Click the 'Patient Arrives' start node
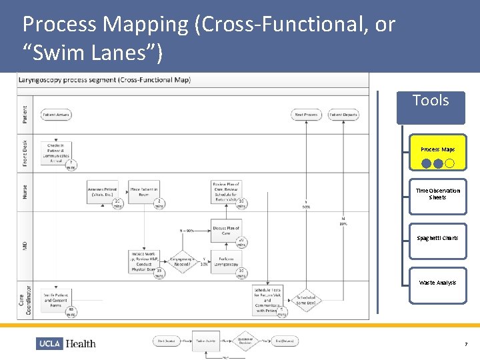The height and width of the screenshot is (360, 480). point(56,115)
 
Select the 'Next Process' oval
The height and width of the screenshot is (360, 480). point(306,115)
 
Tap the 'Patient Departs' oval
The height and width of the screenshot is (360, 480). point(343,115)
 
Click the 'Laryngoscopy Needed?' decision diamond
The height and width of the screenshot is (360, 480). point(185,261)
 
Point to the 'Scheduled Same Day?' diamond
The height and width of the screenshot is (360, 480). point(306,300)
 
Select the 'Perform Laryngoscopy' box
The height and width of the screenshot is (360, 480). point(226,261)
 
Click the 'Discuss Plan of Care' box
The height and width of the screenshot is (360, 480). point(226,231)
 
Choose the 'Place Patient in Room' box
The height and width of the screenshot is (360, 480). point(144,192)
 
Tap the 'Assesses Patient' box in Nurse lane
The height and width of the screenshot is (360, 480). point(103,192)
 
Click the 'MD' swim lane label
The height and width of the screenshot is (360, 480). point(25,246)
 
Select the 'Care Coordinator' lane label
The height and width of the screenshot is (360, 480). point(25,299)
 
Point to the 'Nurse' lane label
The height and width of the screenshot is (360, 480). point(25,192)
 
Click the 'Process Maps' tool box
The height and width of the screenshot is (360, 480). point(437,154)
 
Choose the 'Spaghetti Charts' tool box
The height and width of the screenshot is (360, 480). point(437,239)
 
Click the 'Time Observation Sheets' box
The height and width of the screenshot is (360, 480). point(437,195)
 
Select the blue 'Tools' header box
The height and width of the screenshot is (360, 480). point(431,107)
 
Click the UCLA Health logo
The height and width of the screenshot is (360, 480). point(67,343)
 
